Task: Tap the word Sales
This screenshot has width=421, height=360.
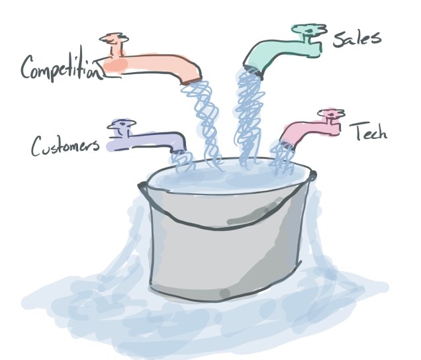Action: (357, 38)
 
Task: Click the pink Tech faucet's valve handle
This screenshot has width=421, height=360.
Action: (328, 114)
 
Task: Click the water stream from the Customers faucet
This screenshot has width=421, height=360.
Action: (181, 159)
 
